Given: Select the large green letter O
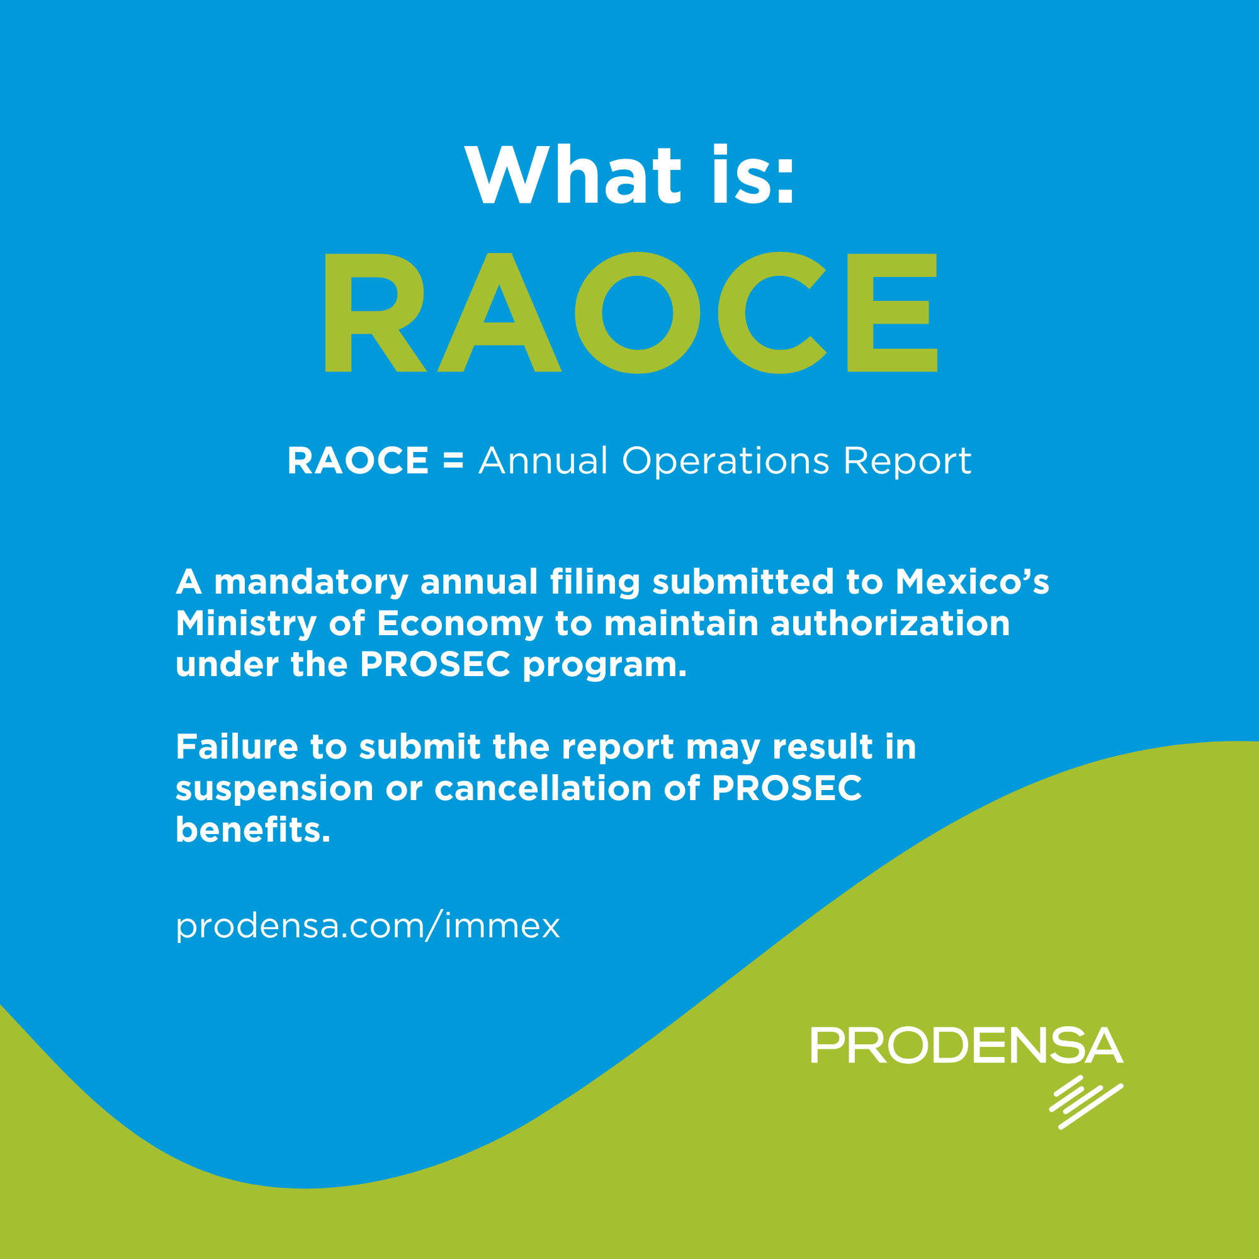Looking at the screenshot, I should click(x=636, y=313).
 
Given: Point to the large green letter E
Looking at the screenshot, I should click(x=891, y=313).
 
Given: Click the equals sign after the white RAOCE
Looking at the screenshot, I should click(x=453, y=461).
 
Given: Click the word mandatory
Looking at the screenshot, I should click(x=312, y=582).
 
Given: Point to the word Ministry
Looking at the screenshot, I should click(x=246, y=624).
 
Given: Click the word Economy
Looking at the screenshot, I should click(x=460, y=624).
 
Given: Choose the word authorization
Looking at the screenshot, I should click(x=890, y=623).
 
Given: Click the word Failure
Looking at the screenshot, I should click(x=237, y=747).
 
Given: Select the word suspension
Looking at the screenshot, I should click(x=274, y=789).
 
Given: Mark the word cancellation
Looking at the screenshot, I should click(x=543, y=789).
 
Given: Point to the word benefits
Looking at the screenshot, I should click(x=253, y=830).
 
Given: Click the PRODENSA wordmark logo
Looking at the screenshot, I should click(x=966, y=1046).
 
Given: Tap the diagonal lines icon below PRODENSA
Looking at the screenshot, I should click(x=1086, y=1102).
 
